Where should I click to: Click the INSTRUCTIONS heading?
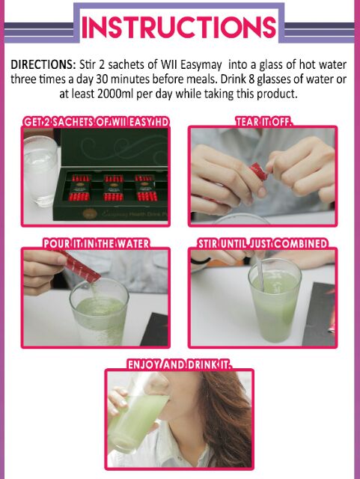point(179,27)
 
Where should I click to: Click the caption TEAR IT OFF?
point(263,121)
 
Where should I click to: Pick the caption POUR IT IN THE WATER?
point(97,244)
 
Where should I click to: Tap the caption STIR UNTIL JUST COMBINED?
point(263,244)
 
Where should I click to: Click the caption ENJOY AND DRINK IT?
point(180,364)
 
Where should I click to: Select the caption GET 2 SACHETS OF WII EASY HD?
point(96,122)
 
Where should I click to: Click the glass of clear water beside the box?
point(40,171)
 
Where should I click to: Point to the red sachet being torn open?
point(258,171)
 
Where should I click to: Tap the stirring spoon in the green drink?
point(260,272)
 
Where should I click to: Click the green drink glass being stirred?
point(275,301)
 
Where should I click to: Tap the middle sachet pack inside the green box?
point(113,188)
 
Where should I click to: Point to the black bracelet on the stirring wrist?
point(200,261)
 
